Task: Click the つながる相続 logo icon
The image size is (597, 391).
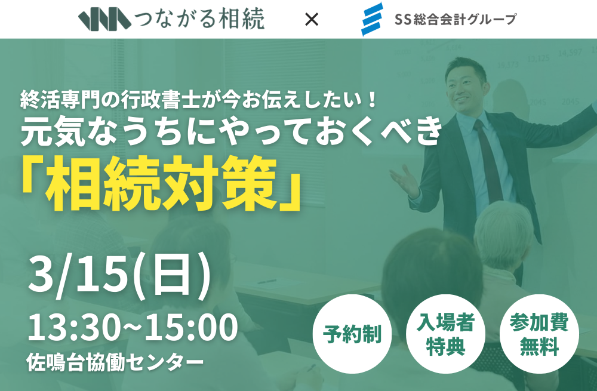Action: click(x=104, y=19)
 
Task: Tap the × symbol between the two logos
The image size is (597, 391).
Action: click(x=312, y=19)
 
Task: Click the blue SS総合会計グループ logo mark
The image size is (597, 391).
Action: click(x=371, y=19)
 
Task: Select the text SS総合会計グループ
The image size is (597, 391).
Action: click(x=456, y=19)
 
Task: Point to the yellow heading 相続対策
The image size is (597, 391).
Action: click(x=162, y=183)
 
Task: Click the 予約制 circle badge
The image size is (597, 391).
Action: click(x=352, y=334)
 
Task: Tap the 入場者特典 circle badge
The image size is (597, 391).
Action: click(x=445, y=334)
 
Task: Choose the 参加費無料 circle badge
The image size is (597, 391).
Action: click(x=539, y=334)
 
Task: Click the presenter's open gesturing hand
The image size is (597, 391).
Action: click(x=405, y=181)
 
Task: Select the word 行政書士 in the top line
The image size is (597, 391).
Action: click(x=156, y=100)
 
